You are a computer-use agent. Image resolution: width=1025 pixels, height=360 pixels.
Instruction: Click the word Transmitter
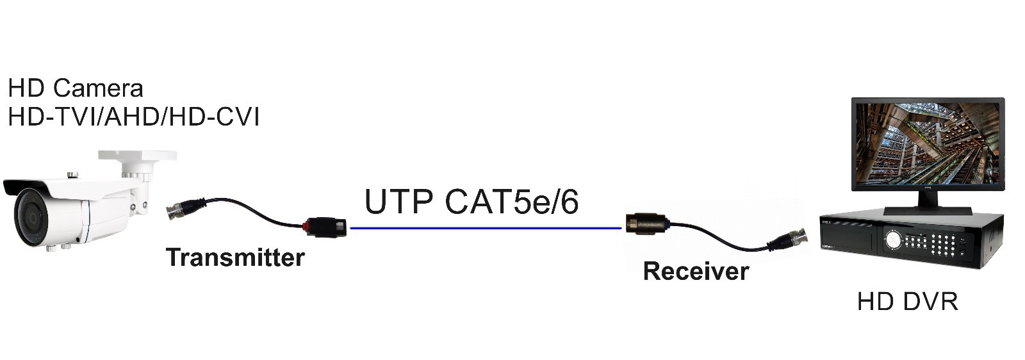pos(235,258)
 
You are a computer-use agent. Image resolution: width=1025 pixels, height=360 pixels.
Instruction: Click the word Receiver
pos(696,271)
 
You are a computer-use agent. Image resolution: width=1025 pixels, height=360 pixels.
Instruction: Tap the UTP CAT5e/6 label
pos(471,202)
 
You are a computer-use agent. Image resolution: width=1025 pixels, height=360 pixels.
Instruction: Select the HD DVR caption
pos(907,301)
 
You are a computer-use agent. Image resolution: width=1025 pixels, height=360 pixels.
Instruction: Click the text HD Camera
pos(76,88)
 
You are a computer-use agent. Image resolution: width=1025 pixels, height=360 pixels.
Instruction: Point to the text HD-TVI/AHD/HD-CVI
pos(133,117)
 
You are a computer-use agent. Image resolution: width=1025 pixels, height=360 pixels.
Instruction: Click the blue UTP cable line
pos(486,227)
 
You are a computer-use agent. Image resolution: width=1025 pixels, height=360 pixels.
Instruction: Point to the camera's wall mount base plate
pos(137,156)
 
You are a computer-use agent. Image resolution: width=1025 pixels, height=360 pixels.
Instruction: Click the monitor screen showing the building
pos(927,145)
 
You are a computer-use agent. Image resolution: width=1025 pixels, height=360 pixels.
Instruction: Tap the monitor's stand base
pos(927,209)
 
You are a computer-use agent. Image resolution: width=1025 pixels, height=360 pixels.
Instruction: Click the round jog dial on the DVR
pos(893,240)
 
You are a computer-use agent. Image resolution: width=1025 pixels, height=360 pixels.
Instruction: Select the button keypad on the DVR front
pos(943,244)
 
